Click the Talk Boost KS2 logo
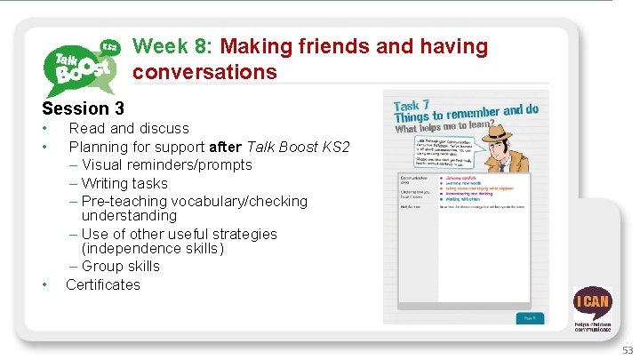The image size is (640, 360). (83, 65)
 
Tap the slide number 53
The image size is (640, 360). (628, 350)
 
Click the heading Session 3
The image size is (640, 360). (83, 109)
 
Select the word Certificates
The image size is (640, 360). (103, 284)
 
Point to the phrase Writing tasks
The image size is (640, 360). (124, 183)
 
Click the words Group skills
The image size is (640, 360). (120, 266)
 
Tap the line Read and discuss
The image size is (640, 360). (129, 129)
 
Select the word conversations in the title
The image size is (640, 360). (205, 72)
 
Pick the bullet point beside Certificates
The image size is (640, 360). (44, 284)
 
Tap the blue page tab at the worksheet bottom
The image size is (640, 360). (527, 316)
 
